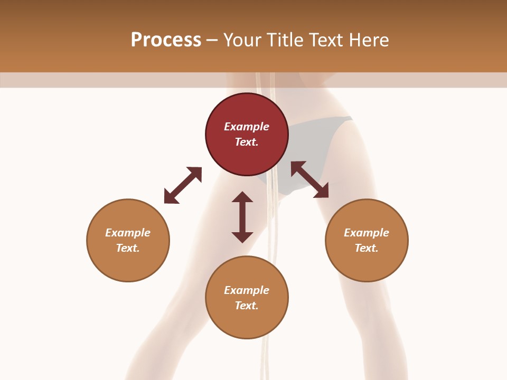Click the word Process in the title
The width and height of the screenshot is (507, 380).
(166, 40)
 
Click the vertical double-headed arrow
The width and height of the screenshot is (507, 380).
(242, 217)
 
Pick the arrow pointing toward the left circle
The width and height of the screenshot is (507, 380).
(183, 185)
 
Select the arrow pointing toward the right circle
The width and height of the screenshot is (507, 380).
(309, 179)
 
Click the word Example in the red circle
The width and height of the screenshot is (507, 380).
(247, 127)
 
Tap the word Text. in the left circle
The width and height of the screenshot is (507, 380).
(128, 248)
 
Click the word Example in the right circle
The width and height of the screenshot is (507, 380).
(367, 233)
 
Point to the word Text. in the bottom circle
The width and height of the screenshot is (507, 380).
(247, 306)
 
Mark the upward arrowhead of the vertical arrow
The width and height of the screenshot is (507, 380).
(242, 197)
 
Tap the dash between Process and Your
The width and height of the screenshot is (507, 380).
(212, 41)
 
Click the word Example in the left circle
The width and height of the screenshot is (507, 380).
(128, 233)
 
